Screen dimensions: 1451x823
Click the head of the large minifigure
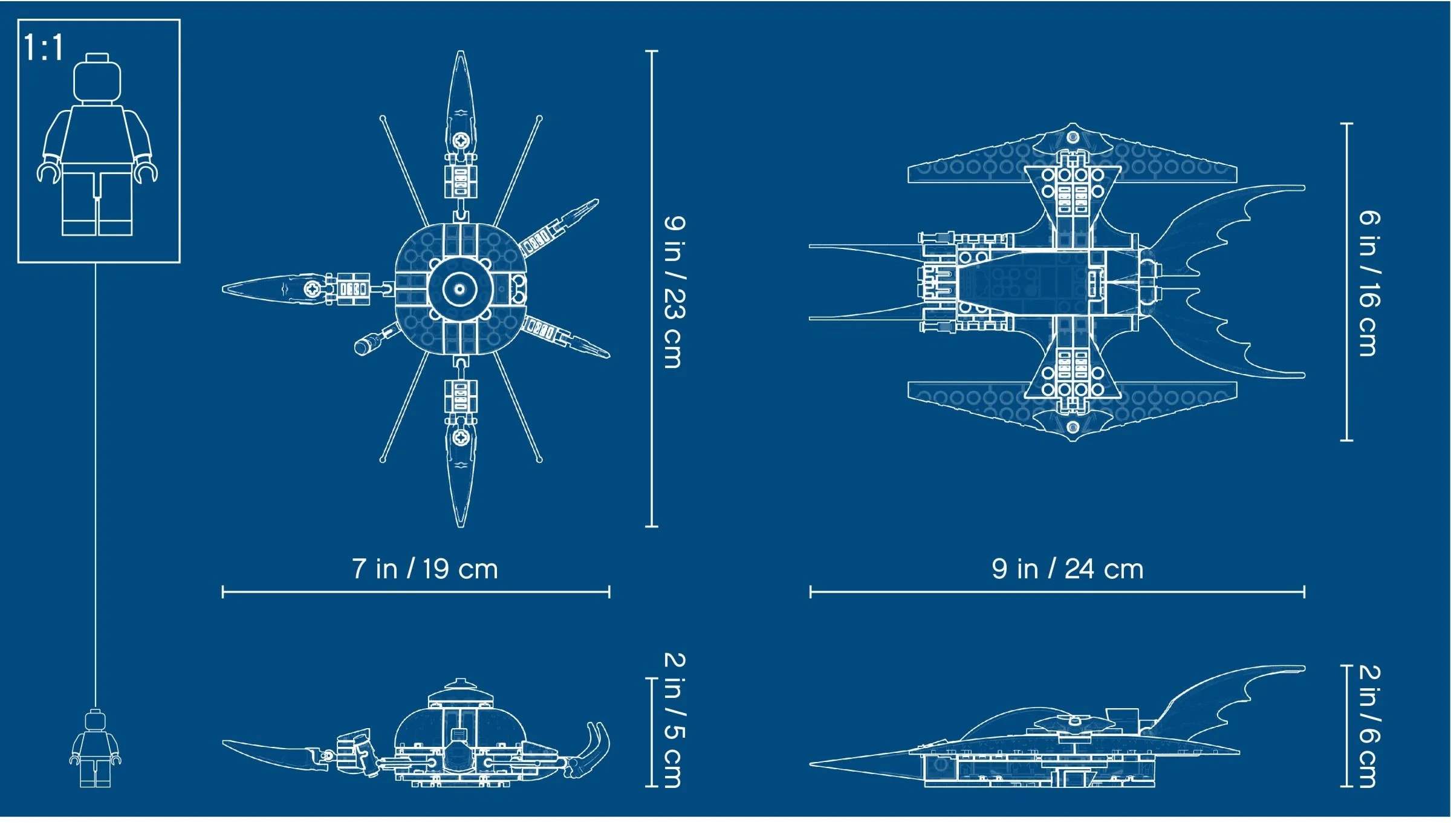97,79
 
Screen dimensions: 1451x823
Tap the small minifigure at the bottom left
96,748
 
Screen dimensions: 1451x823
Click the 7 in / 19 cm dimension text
425,569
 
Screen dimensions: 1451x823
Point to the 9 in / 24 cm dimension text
1068,569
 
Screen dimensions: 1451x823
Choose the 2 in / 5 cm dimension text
675,720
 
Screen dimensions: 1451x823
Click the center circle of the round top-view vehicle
459,289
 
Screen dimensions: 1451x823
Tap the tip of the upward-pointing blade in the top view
461,51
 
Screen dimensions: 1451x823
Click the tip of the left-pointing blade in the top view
224,289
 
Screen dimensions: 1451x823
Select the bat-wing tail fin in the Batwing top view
1227,282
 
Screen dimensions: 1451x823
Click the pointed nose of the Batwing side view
811,764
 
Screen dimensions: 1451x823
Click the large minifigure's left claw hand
48,172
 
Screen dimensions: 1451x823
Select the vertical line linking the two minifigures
95,486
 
